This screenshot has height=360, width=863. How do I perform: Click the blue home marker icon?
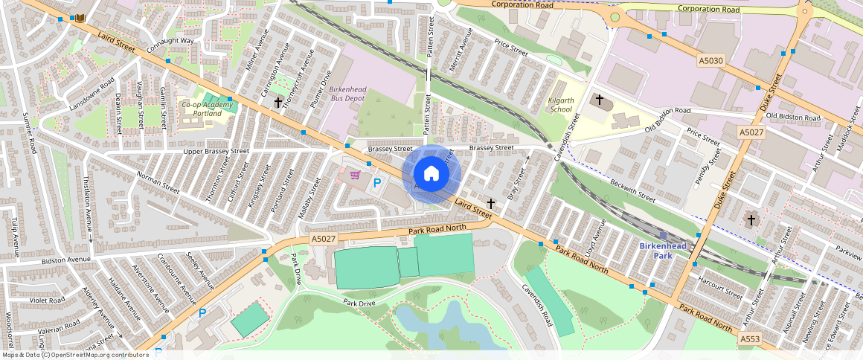431,174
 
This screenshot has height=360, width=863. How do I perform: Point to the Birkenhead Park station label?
663,251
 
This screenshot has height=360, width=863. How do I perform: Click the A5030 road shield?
711,60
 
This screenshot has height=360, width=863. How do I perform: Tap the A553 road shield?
750,339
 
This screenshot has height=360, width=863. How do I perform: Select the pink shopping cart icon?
356,176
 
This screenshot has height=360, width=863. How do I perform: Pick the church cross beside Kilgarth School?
599,99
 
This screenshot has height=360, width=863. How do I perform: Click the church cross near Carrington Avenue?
277,102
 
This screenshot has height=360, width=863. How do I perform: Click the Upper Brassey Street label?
216,151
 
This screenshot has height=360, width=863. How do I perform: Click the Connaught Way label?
170,45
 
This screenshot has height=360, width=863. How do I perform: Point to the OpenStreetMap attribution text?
74,355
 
